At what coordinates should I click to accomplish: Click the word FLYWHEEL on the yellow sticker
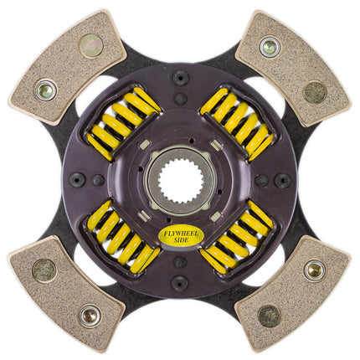tap(180, 234)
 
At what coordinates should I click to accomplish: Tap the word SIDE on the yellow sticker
tap(180, 240)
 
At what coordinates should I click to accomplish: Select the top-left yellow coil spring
tap(123, 123)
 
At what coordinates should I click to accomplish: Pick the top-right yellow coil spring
tap(237, 123)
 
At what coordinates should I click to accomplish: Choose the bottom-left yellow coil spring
tap(123, 237)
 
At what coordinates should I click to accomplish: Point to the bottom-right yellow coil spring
tap(237, 237)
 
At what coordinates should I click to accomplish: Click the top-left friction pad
tap(67, 67)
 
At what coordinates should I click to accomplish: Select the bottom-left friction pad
tap(66, 293)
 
